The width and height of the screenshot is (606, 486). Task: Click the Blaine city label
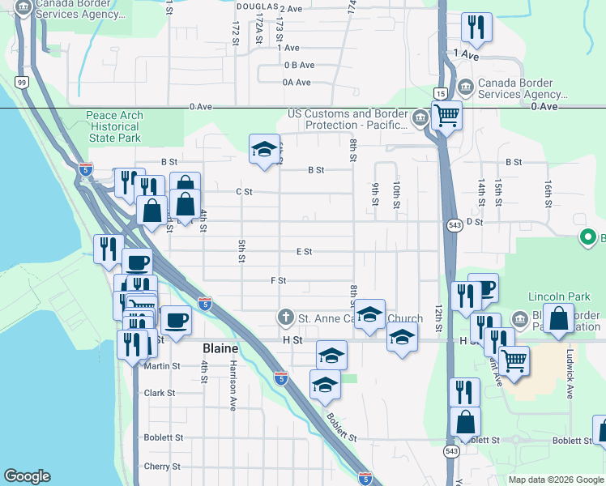(x=220, y=348)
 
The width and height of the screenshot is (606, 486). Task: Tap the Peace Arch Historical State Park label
(x=114, y=127)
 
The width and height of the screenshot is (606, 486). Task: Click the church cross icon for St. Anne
(x=285, y=316)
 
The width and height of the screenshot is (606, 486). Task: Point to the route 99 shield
(x=22, y=83)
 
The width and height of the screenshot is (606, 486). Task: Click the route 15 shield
(x=438, y=93)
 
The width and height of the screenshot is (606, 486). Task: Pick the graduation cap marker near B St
(x=264, y=149)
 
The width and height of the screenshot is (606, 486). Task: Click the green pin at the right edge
(x=587, y=237)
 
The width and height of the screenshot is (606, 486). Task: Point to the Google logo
(x=27, y=476)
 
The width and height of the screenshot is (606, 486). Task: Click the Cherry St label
(x=162, y=467)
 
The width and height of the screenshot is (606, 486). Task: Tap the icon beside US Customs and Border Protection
(x=420, y=120)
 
